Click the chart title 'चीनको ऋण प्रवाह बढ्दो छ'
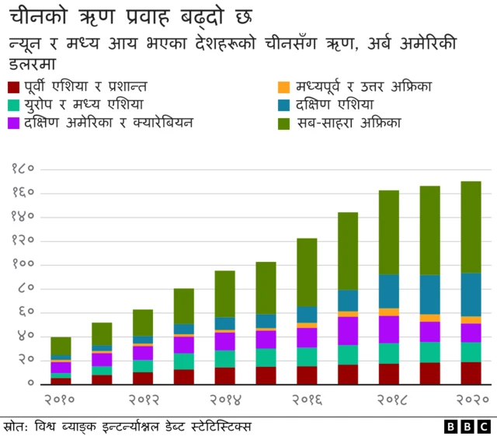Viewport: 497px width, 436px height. click(130, 16)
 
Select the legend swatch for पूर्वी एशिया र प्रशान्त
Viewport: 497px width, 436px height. click(12, 87)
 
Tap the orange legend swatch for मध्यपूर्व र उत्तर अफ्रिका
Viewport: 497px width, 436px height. click(284, 87)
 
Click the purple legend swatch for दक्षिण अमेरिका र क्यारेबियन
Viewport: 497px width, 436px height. click(12, 123)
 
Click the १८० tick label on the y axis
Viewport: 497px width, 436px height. click(23, 169)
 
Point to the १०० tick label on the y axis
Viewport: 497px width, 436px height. click(23, 264)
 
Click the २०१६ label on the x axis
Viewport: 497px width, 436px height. click(308, 400)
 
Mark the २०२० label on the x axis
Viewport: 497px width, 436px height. click(471, 400)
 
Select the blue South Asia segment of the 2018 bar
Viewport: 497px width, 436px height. click(389, 291)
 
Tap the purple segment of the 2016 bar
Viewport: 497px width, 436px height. click(307, 337)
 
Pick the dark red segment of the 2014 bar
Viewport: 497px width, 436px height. click(225, 375)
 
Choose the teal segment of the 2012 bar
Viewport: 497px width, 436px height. click(143, 366)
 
